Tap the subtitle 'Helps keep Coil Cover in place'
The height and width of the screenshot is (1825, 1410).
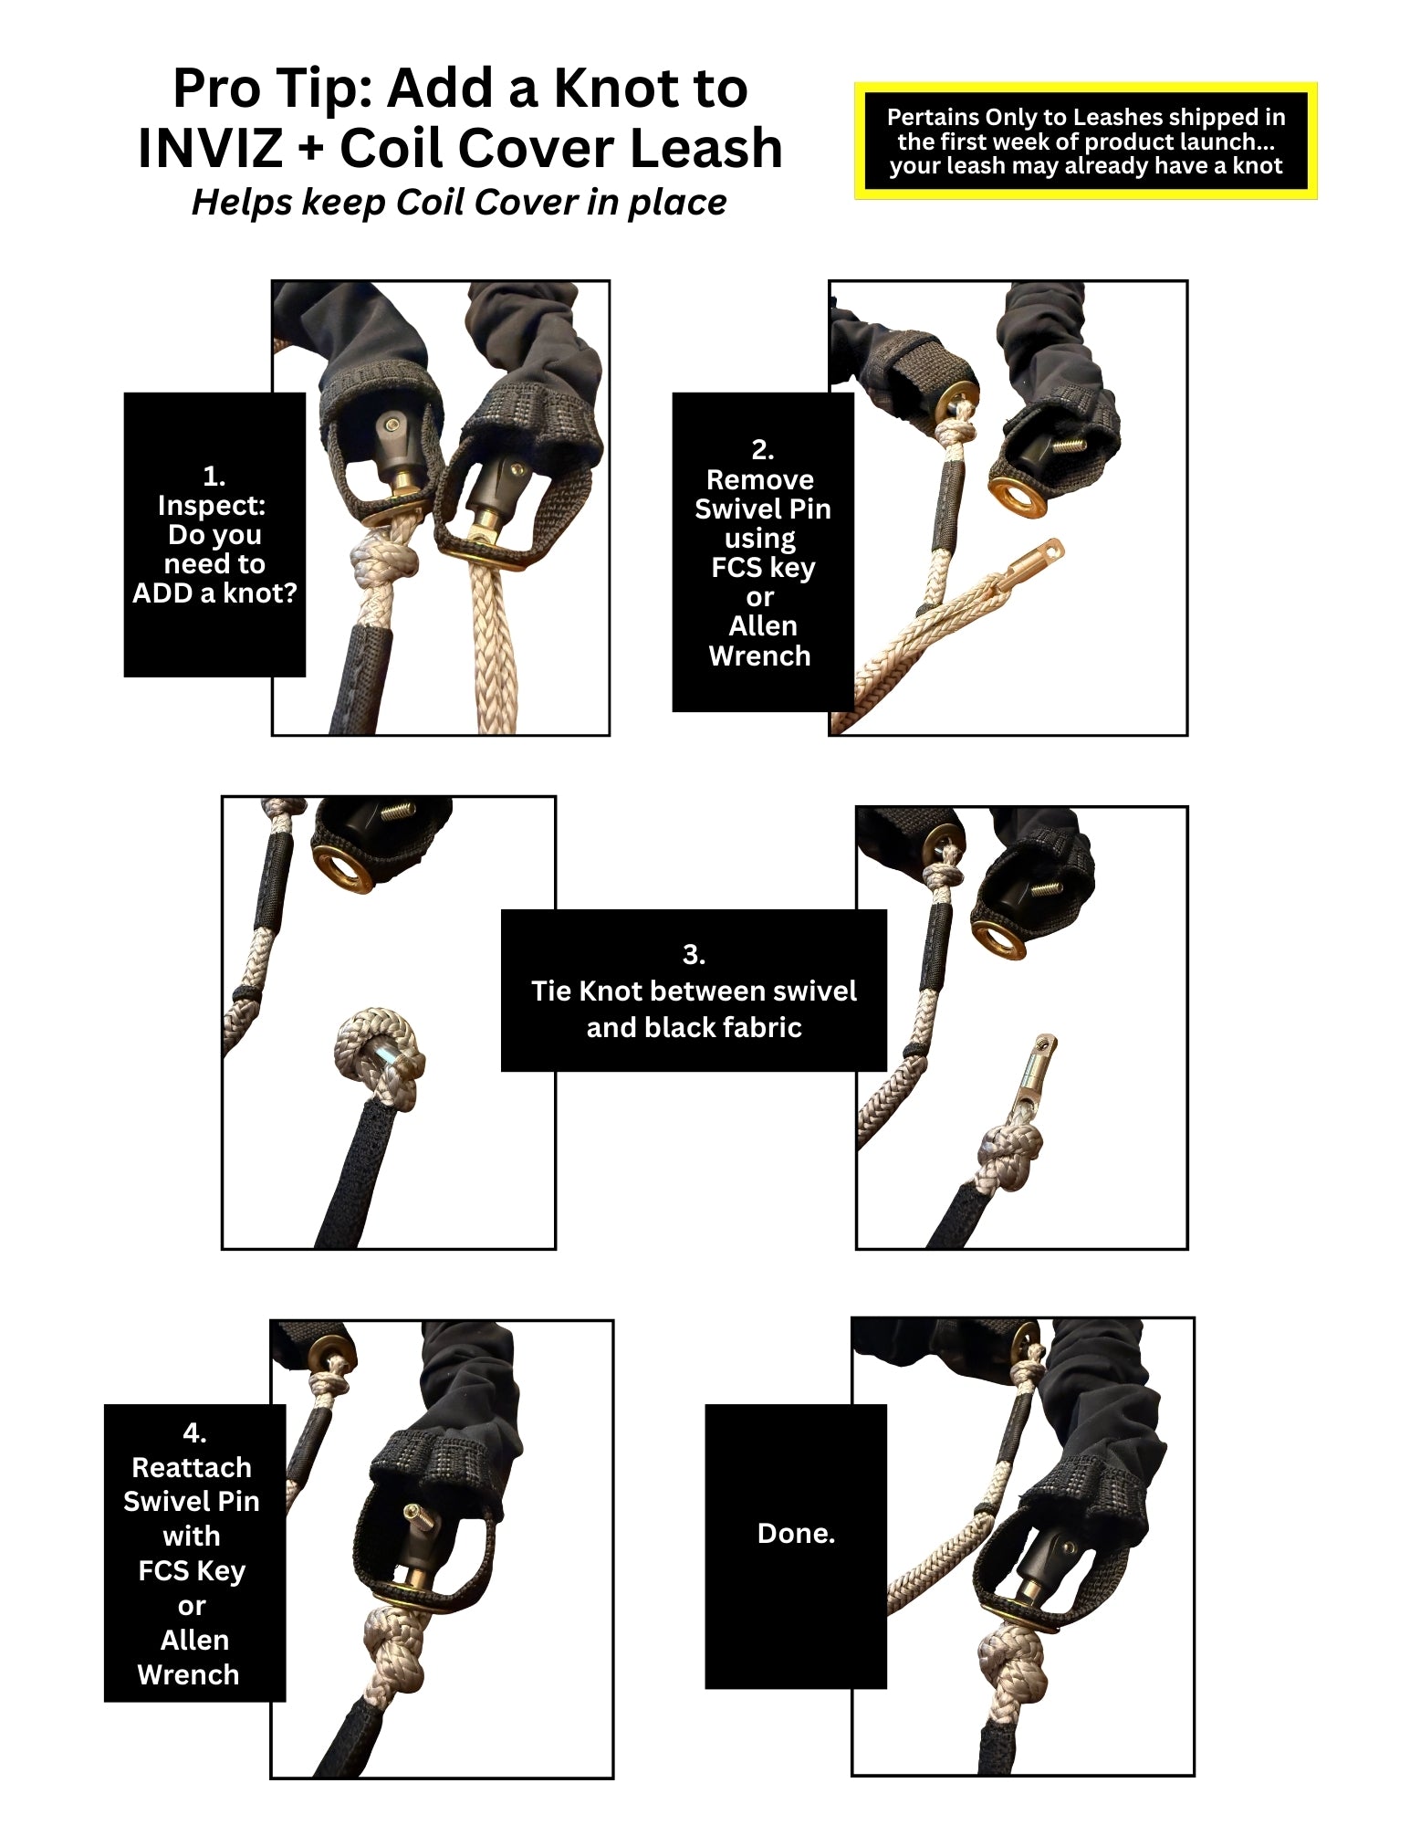click(x=459, y=202)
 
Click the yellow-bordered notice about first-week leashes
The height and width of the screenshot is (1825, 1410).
click(x=1085, y=142)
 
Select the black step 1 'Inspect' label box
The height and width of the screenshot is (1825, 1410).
click(x=214, y=535)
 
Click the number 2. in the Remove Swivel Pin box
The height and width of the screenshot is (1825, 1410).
click(x=762, y=449)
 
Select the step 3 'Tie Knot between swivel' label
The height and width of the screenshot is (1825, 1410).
click(x=694, y=991)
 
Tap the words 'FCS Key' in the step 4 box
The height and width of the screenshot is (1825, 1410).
click(x=192, y=1570)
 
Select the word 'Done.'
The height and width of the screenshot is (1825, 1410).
click(x=796, y=1533)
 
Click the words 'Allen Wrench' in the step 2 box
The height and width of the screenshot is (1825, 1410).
click(x=760, y=641)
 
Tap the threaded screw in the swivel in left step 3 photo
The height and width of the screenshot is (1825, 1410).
click(x=396, y=810)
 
